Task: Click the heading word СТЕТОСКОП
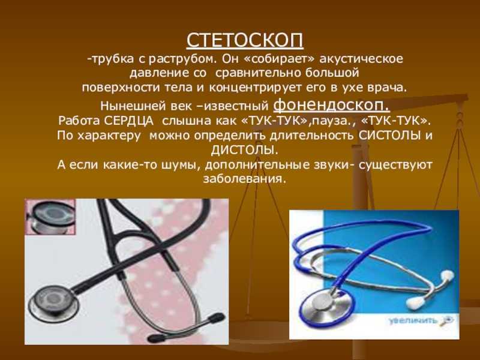pyautogui.click(x=245, y=40)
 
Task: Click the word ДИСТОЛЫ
pyautogui.click(x=245, y=150)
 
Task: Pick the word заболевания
pyautogui.click(x=244, y=179)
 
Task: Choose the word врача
pyautogui.click(x=388, y=88)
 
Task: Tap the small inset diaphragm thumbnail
pyautogui.click(x=50, y=217)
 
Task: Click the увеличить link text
pyautogui.click(x=413, y=320)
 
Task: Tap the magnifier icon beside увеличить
pyautogui.click(x=446, y=320)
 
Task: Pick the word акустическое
pyautogui.click(x=361, y=59)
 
